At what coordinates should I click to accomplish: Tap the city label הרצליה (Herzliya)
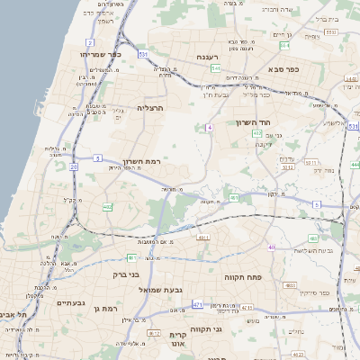(149, 107)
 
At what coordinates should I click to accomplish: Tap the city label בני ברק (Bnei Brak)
(126, 274)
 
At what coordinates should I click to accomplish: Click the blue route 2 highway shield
(90, 42)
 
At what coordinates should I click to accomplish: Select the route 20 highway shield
(73, 166)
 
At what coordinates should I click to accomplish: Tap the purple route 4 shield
(210, 128)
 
